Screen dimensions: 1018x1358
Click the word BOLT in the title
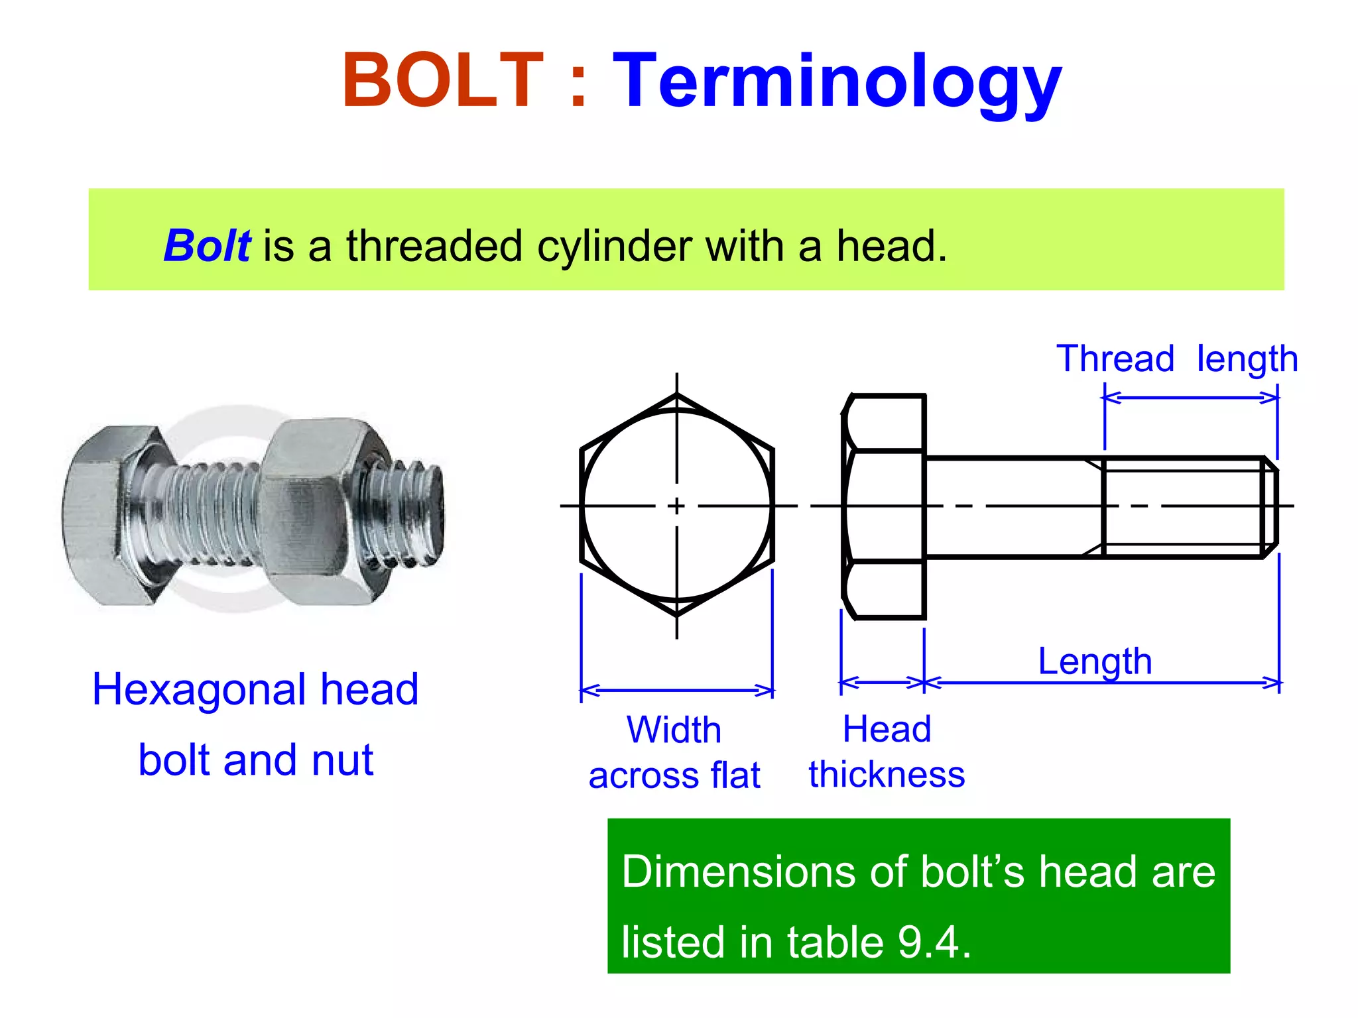(x=442, y=81)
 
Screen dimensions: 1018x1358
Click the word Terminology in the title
(x=837, y=84)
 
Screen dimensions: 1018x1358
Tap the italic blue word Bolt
(x=207, y=246)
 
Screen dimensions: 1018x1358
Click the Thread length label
(x=1176, y=359)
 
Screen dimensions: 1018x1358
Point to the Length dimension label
(x=1095, y=661)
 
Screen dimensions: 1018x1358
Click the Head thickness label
(x=887, y=752)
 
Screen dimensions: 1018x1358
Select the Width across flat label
(x=674, y=753)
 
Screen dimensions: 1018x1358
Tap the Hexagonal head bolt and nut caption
(x=255, y=724)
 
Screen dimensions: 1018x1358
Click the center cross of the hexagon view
(x=676, y=506)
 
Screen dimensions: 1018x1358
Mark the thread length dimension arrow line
(x=1191, y=398)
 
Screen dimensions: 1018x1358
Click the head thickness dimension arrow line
(x=882, y=682)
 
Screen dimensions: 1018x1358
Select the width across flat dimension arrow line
(x=676, y=691)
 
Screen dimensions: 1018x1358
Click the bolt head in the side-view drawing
(x=885, y=506)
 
